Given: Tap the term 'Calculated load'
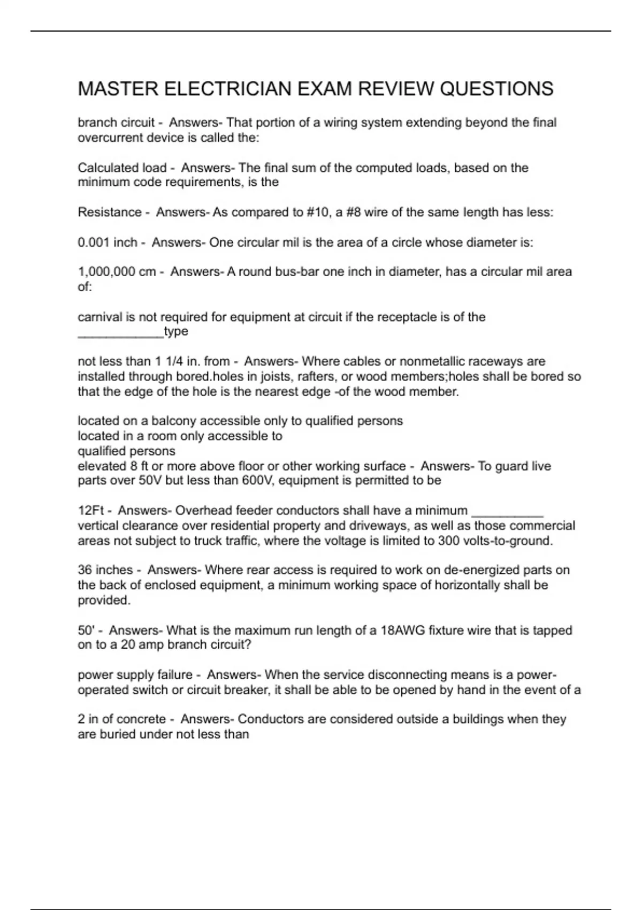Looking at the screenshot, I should coord(122,168).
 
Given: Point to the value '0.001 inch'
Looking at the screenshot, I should coord(108,242).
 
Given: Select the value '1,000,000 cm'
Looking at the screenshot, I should coord(117,272).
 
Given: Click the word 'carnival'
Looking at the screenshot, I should coord(100,317).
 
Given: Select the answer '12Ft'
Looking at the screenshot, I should coord(91,511).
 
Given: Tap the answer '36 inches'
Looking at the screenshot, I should coord(105,570).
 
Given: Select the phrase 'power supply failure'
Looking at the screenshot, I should coord(135,675).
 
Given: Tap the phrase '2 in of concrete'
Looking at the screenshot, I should coord(121,719).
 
